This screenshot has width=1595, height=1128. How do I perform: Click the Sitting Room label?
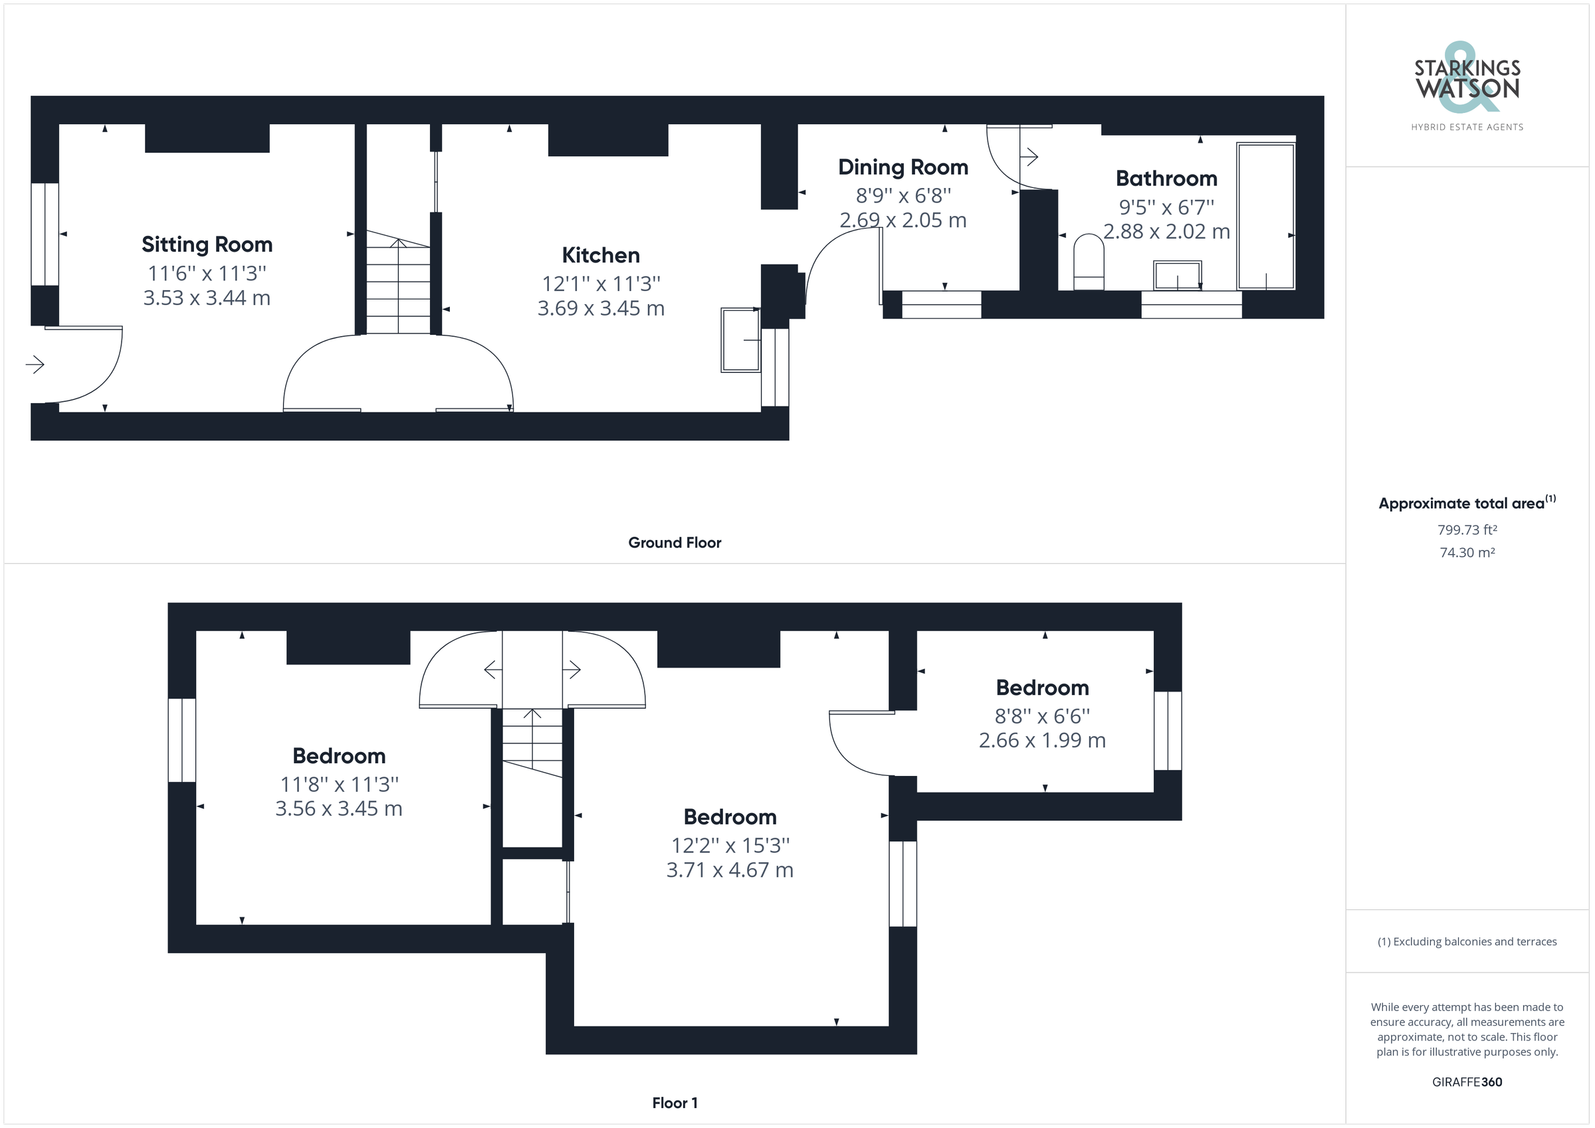pyautogui.click(x=207, y=244)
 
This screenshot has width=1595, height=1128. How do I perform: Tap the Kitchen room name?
pyautogui.click(x=600, y=255)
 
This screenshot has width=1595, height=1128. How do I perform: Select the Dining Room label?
pyautogui.click(x=903, y=167)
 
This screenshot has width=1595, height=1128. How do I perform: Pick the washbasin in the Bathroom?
pyautogui.click(x=1177, y=275)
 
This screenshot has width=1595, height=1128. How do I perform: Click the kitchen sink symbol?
pyautogui.click(x=740, y=339)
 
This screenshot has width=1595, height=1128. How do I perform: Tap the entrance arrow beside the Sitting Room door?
pyautogui.click(x=35, y=364)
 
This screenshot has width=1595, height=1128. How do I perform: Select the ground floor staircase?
pyautogui.click(x=398, y=285)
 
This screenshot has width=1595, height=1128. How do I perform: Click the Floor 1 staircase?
pyautogui.click(x=532, y=743)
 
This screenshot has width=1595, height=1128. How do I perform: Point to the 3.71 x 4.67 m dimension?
pyautogui.click(x=730, y=870)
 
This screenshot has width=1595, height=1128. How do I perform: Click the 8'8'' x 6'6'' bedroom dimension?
pyautogui.click(x=1042, y=716)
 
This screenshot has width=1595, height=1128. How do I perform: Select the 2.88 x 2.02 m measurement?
pyautogui.click(x=1166, y=231)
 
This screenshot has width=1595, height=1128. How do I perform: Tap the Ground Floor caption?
pyautogui.click(x=675, y=543)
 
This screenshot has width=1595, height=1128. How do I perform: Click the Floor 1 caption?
pyautogui.click(x=675, y=1103)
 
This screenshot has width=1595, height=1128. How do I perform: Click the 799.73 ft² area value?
pyautogui.click(x=1467, y=530)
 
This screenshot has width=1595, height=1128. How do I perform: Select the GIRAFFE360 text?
pyautogui.click(x=1467, y=1082)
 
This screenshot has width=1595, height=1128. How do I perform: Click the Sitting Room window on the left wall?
pyautogui.click(x=45, y=234)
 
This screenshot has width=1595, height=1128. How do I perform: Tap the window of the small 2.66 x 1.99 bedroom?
pyautogui.click(x=1167, y=730)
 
